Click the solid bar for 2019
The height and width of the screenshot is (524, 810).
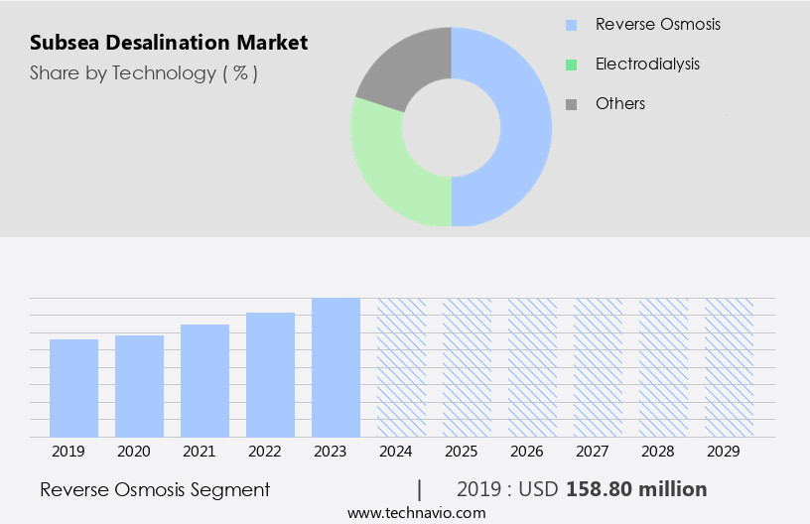tap(73, 388)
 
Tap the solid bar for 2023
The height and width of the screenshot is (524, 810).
tap(336, 367)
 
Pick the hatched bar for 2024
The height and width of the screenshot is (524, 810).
tap(401, 367)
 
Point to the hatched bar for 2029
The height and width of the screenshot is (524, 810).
tap(729, 367)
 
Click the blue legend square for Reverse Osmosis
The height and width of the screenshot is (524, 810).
tap(571, 24)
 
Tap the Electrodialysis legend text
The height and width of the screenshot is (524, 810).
tap(647, 64)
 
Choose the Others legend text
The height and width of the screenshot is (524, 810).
tap(620, 103)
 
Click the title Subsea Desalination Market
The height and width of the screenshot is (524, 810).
tap(169, 43)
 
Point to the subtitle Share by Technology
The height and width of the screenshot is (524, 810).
tap(144, 73)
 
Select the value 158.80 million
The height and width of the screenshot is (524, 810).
tap(636, 489)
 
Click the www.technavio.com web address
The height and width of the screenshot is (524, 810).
tap(417, 512)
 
